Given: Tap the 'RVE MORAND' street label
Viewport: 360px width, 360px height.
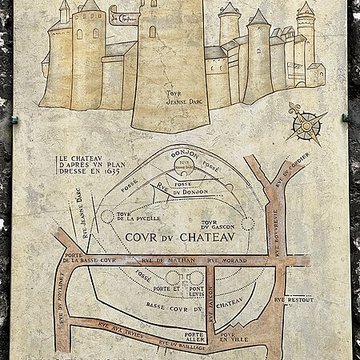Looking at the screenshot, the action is [x=231, y=262].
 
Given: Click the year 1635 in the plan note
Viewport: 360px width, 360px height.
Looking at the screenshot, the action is [x=94, y=186].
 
